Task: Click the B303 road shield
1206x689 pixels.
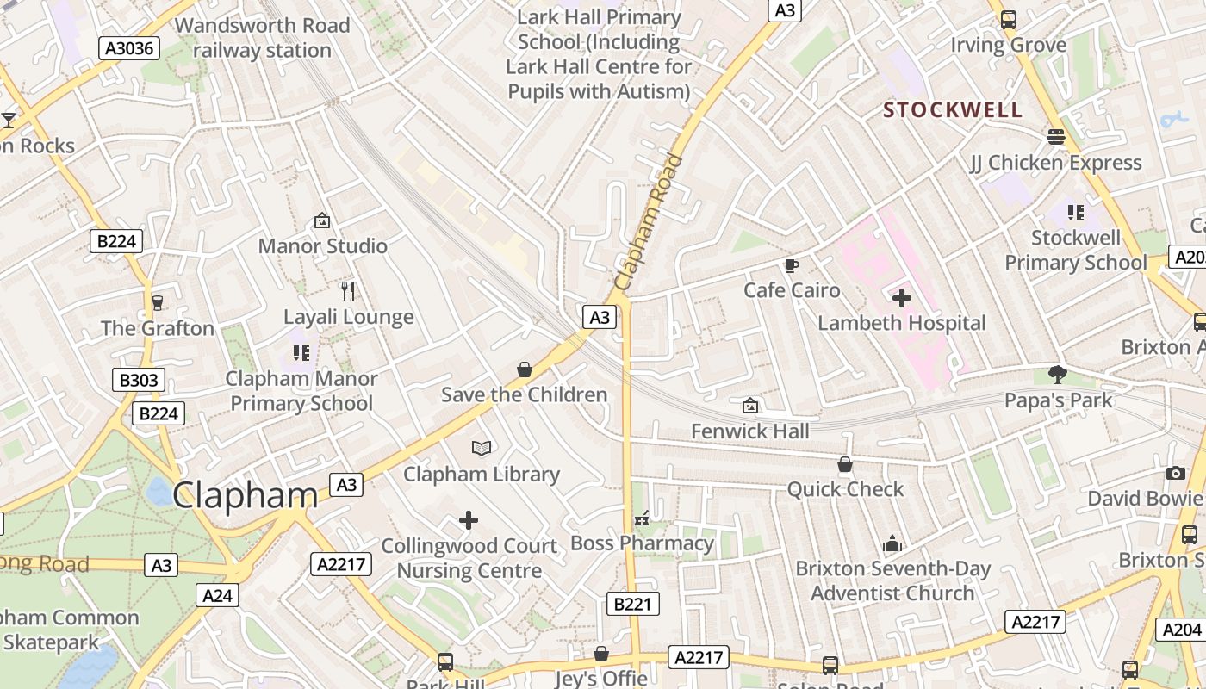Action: click(139, 380)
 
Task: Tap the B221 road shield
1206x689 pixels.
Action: click(632, 604)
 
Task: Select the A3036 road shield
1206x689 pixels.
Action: click(130, 48)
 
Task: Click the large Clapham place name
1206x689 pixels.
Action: click(246, 495)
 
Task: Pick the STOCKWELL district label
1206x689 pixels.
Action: click(953, 110)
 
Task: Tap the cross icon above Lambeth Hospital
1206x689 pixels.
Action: click(902, 298)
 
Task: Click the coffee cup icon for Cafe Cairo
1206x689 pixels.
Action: click(792, 265)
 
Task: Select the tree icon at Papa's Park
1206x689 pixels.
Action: click(1058, 375)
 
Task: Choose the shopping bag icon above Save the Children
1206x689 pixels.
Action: click(524, 369)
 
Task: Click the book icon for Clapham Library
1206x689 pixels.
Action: click(482, 448)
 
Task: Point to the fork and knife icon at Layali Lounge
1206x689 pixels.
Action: click(348, 291)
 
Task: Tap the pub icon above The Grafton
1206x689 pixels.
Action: click(157, 302)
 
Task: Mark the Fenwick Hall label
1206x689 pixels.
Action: click(750, 431)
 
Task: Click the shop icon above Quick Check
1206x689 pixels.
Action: click(845, 464)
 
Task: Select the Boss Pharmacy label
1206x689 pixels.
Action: click(643, 543)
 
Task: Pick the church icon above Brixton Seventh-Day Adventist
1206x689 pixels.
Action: click(892, 543)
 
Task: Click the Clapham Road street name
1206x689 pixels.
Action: click(650, 222)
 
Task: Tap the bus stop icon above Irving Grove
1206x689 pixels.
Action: click(1008, 19)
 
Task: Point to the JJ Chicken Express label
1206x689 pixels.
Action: click(1055, 163)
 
